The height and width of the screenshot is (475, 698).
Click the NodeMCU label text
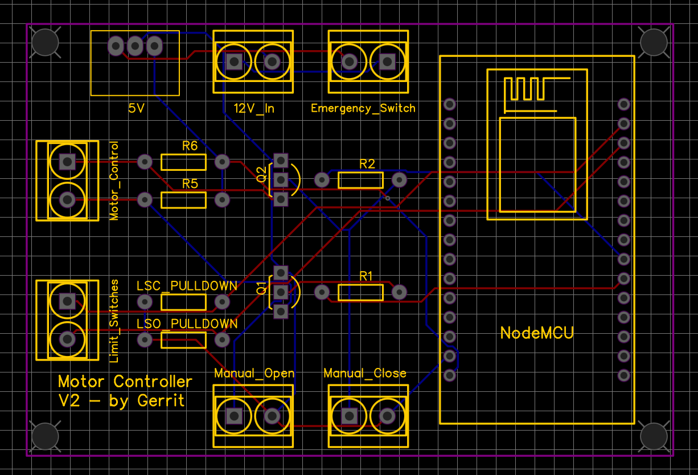click(537, 333)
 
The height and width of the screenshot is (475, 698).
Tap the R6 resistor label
click(190, 146)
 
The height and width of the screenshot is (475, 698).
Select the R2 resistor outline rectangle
click(360, 181)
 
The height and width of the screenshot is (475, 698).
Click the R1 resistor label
click(366, 276)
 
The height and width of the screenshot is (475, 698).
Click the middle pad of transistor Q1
click(280, 292)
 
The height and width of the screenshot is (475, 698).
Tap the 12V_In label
click(254, 108)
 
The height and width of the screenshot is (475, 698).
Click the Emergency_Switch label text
click(363, 108)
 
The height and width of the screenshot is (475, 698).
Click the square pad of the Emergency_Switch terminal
click(388, 62)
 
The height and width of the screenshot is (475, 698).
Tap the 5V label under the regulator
click(136, 108)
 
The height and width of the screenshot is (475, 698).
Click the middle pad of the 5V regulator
click(135, 46)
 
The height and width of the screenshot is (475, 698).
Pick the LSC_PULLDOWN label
click(187, 286)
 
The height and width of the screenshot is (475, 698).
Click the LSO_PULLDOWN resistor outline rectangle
click(183, 340)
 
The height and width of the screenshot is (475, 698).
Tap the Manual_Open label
click(254, 374)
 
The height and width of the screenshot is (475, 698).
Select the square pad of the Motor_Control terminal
click(67, 162)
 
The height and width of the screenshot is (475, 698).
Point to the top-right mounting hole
click(654, 42)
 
